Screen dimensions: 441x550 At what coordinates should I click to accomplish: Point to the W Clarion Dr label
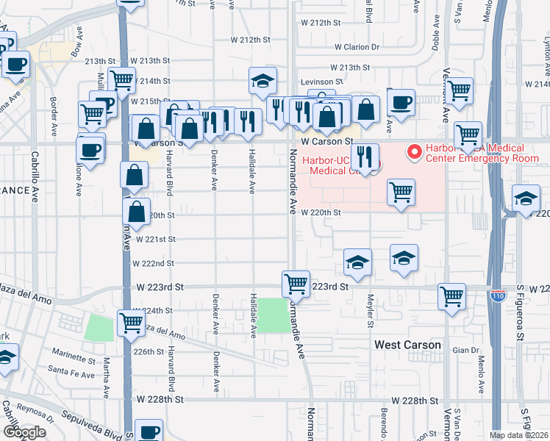[x=357, y=46]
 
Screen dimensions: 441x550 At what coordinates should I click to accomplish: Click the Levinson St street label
[x=321, y=82]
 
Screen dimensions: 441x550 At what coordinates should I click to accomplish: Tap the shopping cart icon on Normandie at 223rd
[x=296, y=282]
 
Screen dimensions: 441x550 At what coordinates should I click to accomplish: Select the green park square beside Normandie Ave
[x=274, y=315]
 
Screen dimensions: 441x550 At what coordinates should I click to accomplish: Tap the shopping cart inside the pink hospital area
[x=400, y=192]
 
